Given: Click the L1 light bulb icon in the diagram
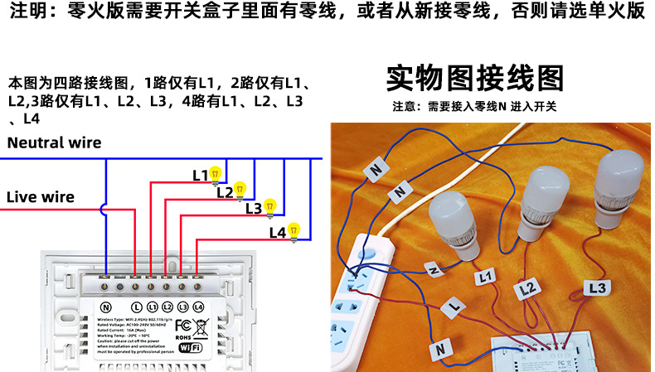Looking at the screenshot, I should pos(216,174).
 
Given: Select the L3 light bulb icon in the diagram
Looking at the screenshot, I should pos(269,206).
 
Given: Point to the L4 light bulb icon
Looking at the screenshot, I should pos(294,232).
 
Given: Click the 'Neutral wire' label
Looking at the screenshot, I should pos(54,143).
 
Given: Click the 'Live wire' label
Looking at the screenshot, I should pos(41,197).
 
